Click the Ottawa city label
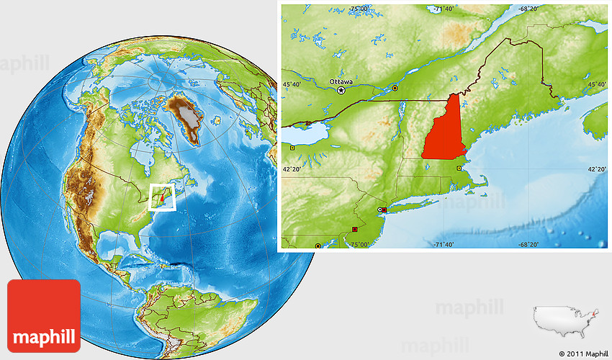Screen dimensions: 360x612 click(341, 81)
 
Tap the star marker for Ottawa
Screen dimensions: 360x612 click(342, 91)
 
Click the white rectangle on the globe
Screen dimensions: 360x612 click(162, 196)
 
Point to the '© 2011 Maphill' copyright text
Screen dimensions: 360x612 click(583, 354)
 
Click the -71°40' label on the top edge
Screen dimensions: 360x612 click(444, 9)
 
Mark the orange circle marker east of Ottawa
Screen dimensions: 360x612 click(395, 88)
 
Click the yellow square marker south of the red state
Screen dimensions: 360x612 click(459, 168)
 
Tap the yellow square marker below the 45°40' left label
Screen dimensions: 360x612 click(293, 148)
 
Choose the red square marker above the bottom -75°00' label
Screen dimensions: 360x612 click(354, 229)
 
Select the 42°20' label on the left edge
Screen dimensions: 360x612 click(293, 169)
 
